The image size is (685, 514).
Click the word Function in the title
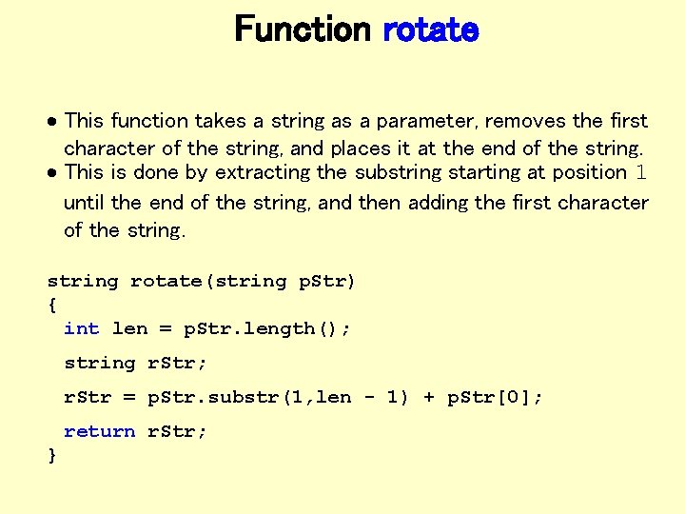click(x=302, y=30)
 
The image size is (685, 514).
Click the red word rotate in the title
click(x=430, y=30)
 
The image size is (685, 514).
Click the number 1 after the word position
click(x=641, y=172)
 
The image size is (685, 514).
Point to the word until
click(x=85, y=203)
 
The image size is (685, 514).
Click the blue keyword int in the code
click(x=81, y=328)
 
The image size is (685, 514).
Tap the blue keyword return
click(x=99, y=431)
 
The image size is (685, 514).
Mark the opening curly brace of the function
click(x=51, y=305)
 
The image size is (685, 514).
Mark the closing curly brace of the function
click(x=51, y=456)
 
